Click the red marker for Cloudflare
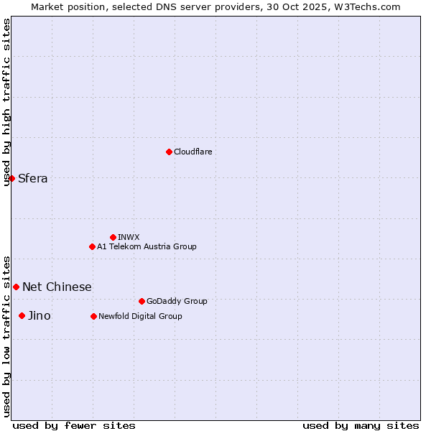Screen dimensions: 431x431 click(169, 152)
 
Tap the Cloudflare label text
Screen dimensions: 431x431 click(193, 152)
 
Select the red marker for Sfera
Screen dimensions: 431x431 click(11, 178)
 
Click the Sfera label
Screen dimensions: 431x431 click(33, 179)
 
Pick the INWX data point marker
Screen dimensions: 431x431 click(113, 237)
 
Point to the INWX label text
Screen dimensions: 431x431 click(129, 238)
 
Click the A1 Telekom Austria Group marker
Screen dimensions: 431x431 click(92, 246)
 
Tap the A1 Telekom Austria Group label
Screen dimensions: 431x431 click(147, 247)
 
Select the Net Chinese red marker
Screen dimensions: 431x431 click(16, 287)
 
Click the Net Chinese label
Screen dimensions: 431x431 click(57, 287)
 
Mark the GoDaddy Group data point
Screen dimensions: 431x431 click(142, 301)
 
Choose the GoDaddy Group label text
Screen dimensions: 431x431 click(177, 302)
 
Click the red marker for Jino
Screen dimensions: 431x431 click(22, 315)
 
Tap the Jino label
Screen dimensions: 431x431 click(40, 316)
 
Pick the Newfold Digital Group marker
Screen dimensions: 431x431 click(93, 316)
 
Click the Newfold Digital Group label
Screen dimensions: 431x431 click(140, 317)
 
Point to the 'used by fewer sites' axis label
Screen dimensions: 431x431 click(74, 425)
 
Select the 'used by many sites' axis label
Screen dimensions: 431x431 click(361, 425)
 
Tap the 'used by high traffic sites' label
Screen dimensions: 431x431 click(6, 102)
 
